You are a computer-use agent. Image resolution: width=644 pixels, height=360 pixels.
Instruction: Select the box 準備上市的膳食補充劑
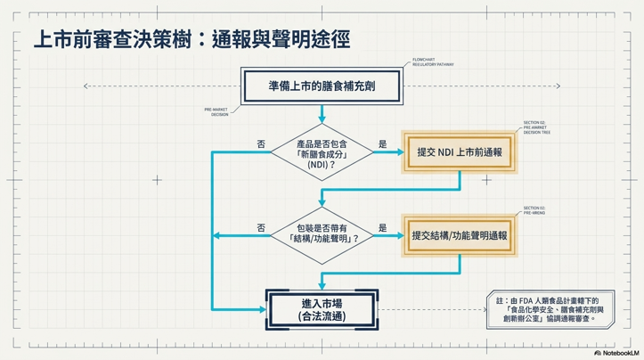322,86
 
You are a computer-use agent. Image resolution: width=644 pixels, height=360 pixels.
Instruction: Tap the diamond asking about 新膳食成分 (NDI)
322,153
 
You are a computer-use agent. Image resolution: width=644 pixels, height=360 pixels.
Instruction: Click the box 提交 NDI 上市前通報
460,152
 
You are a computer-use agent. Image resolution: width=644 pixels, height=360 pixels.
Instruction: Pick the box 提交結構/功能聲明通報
460,236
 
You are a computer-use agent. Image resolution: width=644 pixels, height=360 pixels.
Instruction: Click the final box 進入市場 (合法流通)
322,310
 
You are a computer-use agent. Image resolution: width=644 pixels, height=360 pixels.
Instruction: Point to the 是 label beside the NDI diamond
383,143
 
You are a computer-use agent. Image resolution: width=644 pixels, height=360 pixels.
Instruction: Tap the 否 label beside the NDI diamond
260,143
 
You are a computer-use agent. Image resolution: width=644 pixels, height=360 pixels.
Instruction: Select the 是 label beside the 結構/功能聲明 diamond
383,227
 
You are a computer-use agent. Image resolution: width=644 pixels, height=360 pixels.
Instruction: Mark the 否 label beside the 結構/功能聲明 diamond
260,227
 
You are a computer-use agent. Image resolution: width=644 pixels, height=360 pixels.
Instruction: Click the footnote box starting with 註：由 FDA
548,310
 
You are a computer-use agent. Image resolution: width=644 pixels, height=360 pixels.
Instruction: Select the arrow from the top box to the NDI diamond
322,114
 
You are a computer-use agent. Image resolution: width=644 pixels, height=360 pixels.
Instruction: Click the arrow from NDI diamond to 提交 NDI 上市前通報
388,153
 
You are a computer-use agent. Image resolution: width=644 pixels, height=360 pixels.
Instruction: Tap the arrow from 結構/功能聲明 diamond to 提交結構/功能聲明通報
388,236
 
